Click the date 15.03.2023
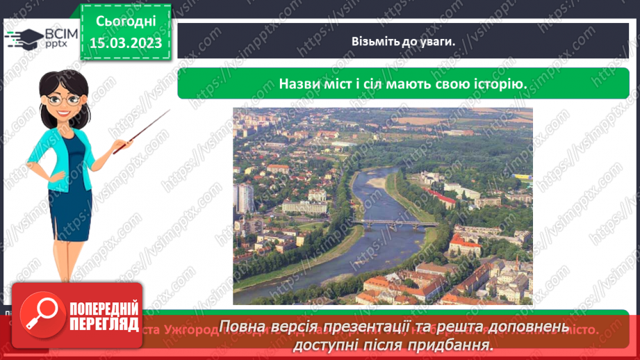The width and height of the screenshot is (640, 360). click(x=125, y=43)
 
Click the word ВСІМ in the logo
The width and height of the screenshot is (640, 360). click(x=60, y=33)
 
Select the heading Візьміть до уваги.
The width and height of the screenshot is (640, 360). click(x=402, y=41)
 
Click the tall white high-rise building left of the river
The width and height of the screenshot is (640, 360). click(x=244, y=197)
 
